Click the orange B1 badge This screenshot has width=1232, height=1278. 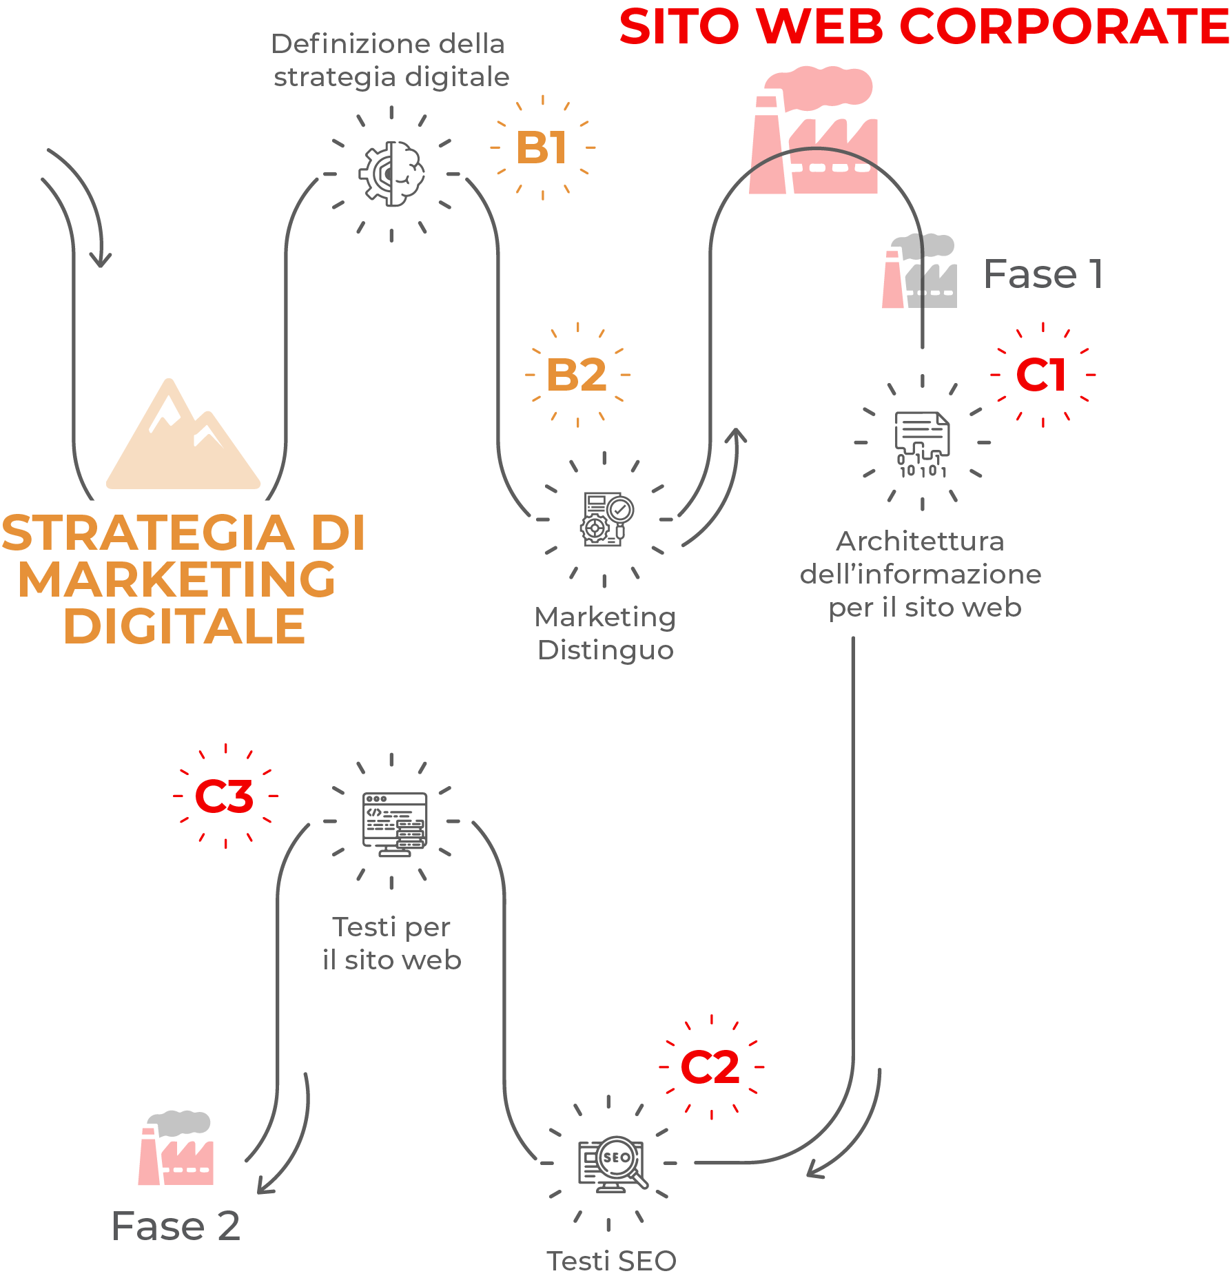(x=542, y=148)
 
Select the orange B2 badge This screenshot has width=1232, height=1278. (x=577, y=375)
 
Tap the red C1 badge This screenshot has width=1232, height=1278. (x=1042, y=375)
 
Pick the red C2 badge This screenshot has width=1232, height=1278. (x=710, y=1068)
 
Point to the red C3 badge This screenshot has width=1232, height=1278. (x=225, y=796)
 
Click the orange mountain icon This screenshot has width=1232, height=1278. (x=183, y=437)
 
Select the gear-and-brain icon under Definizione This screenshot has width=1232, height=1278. (x=391, y=174)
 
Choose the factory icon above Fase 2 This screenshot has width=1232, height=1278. (x=176, y=1148)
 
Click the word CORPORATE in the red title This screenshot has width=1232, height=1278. (x=1064, y=28)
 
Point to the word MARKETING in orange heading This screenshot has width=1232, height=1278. (x=177, y=580)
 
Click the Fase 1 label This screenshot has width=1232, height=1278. (x=1043, y=274)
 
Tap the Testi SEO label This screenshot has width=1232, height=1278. (x=611, y=1261)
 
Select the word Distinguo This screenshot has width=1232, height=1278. (x=606, y=650)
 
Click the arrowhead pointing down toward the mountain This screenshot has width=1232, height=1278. (x=101, y=260)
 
